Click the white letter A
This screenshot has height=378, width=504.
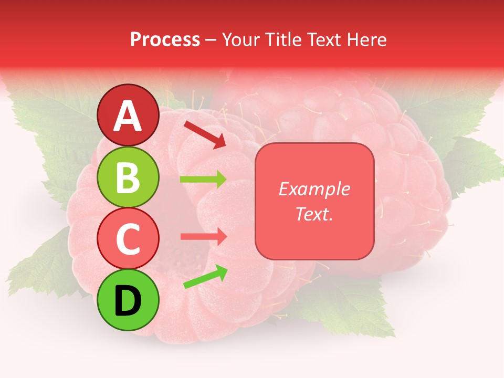point(128,116)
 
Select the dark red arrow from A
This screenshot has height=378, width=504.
point(205,134)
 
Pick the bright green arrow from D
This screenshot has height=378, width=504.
point(205,277)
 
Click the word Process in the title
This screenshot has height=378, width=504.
point(165,40)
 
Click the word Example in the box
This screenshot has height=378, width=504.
point(314,190)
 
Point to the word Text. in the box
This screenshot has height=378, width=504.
point(314,214)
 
